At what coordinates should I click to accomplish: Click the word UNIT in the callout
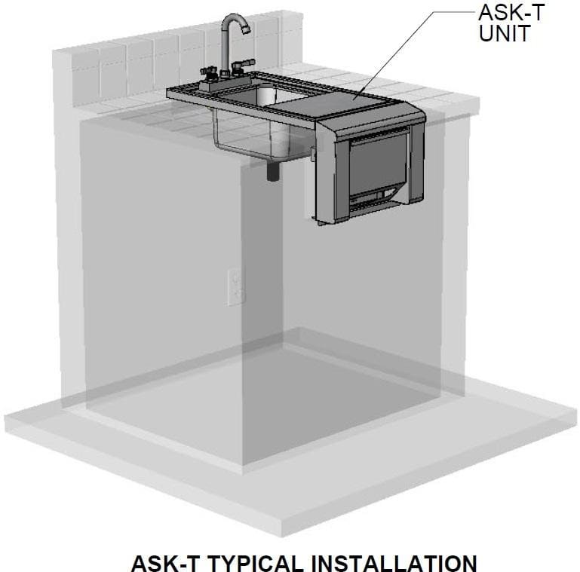[505, 33]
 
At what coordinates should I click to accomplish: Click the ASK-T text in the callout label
[511, 12]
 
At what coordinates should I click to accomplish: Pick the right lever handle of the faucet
[243, 63]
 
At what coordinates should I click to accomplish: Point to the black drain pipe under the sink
[273, 171]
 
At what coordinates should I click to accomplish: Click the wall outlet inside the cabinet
[236, 287]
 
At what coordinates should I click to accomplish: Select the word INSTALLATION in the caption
[394, 563]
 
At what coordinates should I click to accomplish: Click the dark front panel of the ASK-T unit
[377, 162]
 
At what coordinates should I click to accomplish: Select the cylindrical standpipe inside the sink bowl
[266, 95]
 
